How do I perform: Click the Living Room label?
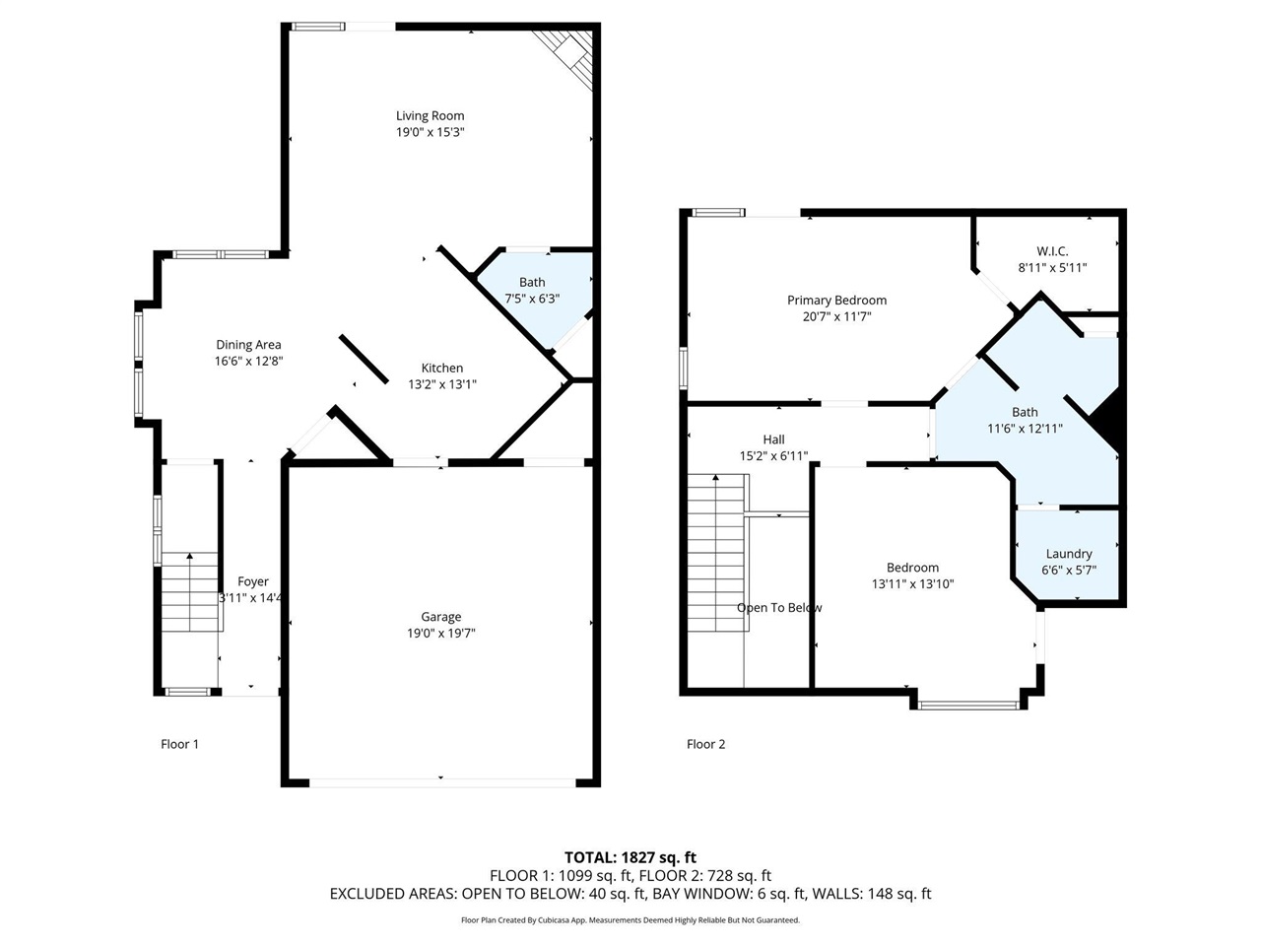[430, 115]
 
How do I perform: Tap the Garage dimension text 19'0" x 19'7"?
[441, 633]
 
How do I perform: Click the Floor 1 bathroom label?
[532, 283]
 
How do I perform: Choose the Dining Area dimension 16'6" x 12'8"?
[249, 361]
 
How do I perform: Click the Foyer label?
[253, 581]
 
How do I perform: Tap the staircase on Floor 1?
[189, 591]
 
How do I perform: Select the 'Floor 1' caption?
[179, 744]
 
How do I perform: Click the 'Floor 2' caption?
[705, 744]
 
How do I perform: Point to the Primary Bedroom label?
[836, 301]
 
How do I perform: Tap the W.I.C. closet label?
[1052, 251]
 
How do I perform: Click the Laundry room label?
[1069, 554]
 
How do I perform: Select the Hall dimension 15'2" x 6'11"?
[773, 455]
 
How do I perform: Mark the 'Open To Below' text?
[779, 608]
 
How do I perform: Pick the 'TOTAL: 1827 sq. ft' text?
[630, 857]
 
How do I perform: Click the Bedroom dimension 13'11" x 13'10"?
[912, 583]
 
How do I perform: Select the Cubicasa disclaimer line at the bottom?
[630, 920]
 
